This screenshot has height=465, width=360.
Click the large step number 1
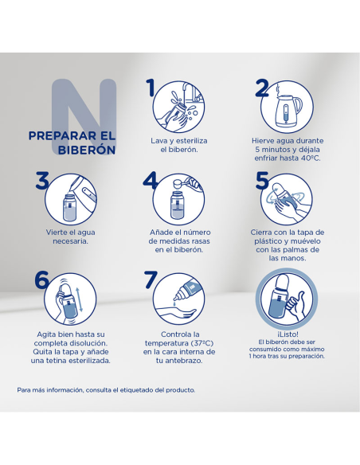[x=151, y=88]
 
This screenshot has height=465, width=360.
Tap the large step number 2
[x=262, y=88]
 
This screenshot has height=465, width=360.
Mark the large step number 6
[x=41, y=279]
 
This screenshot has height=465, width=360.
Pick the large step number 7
[x=151, y=279]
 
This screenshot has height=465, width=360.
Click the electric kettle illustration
[x=288, y=111]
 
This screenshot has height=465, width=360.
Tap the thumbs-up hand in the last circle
[x=296, y=306]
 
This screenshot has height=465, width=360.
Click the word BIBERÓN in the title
[x=87, y=150]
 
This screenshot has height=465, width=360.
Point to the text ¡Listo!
[x=288, y=334]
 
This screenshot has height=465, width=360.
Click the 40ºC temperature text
[x=311, y=158]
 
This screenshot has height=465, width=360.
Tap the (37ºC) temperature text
[x=202, y=343]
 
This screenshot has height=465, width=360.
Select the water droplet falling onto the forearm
[x=174, y=304]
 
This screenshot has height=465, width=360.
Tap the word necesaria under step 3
[x=71, y=241]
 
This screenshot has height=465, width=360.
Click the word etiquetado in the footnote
[x=136, y=390]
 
